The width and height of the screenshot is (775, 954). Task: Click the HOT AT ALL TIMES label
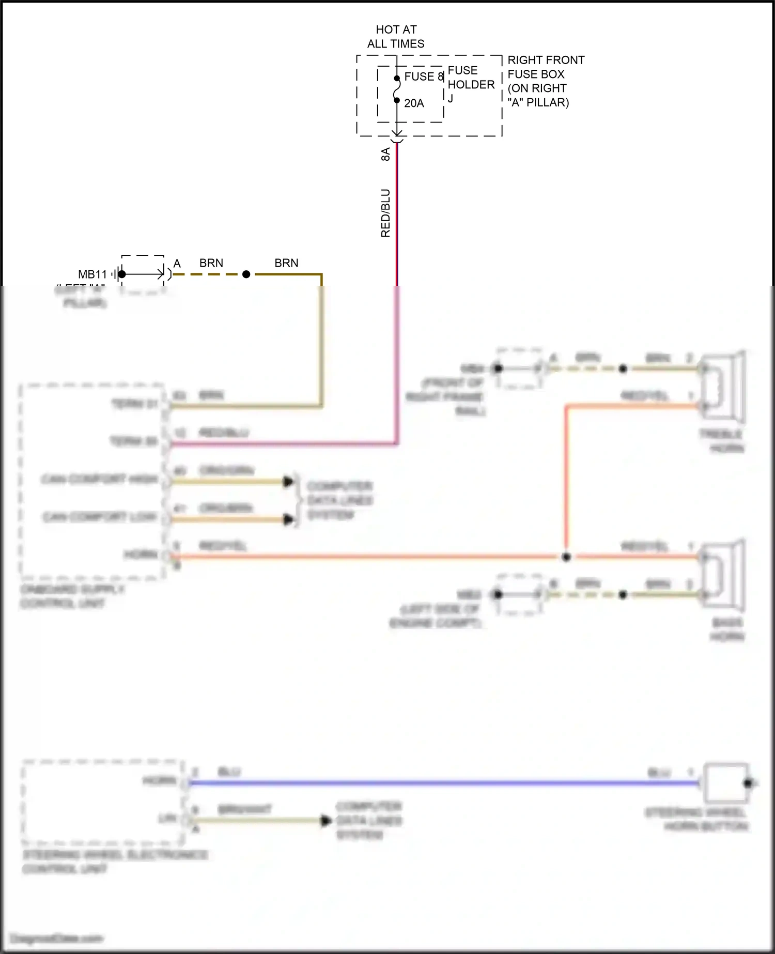[396, 37]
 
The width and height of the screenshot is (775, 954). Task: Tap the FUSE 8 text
[424, 76]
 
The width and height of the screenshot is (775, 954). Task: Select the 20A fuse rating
[414, 103]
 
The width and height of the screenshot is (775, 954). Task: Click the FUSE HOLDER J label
[470, 84]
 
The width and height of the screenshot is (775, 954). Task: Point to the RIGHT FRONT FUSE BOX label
[545, 81]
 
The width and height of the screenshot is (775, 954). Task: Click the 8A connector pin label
[385, 154]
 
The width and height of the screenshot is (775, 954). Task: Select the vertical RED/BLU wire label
[385, 213]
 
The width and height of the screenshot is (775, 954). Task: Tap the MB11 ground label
[92, 274]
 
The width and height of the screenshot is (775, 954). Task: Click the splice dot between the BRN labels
[246, 274]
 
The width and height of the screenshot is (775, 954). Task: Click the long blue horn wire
[439, 783]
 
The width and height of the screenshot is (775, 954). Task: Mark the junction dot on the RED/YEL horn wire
[566, 557]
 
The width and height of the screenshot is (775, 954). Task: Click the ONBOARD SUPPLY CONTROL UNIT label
[72, 596]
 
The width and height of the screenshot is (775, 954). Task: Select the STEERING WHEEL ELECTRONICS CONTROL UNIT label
[115, 861]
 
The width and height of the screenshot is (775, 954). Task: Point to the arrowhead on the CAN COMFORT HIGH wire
[288, 482]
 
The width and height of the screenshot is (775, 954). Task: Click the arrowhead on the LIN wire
[326, 820]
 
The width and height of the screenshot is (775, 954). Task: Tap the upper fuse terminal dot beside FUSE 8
[397, 79]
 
